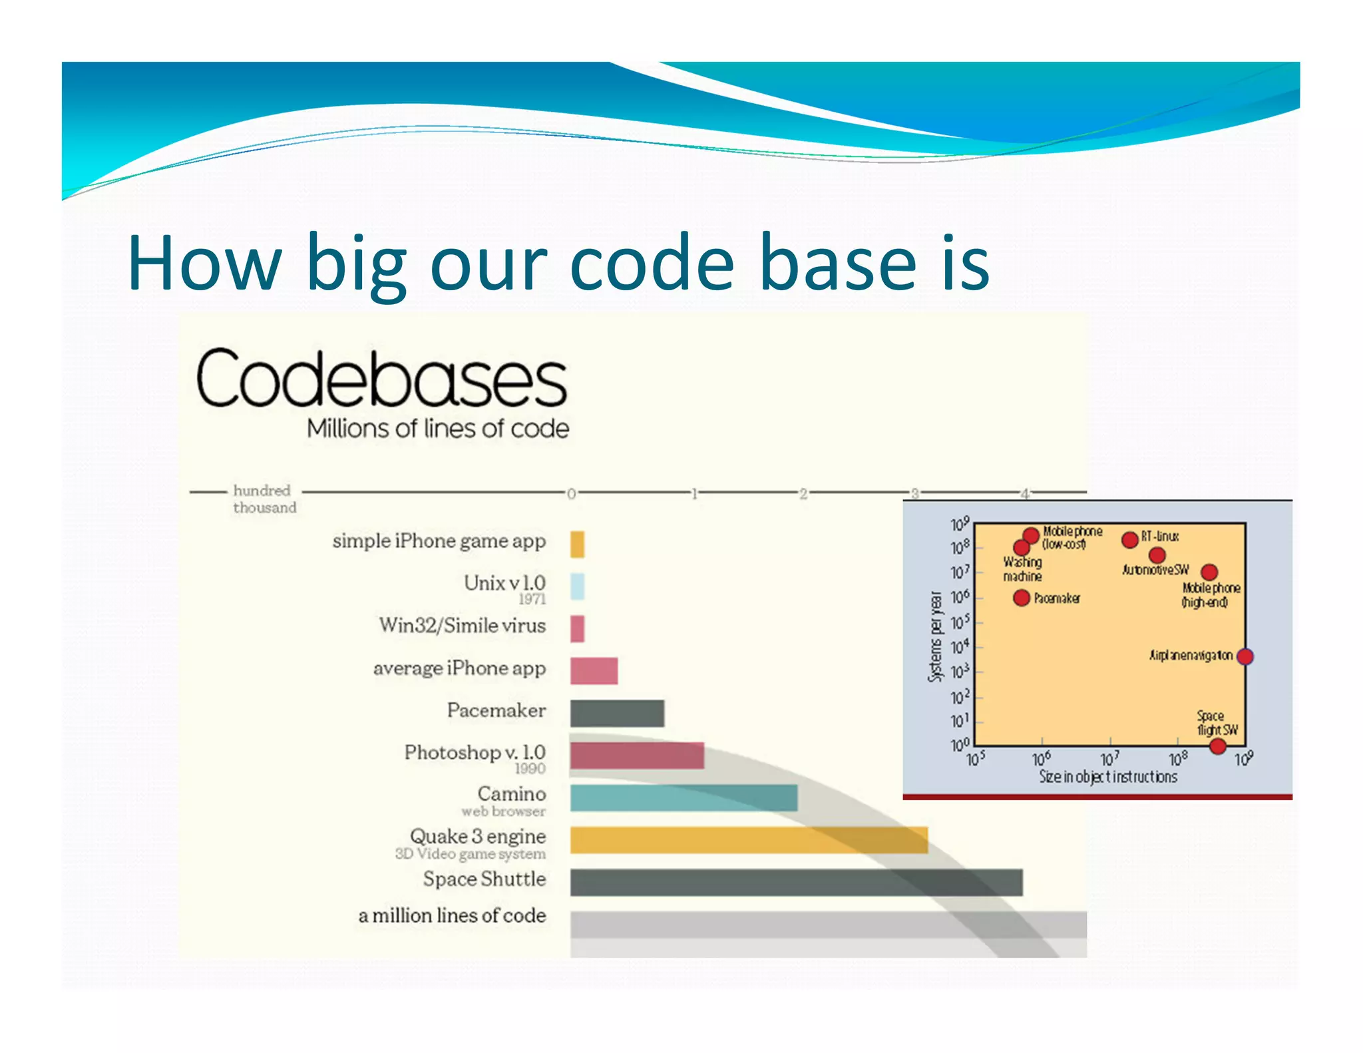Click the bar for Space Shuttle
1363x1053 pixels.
[x=795, y=882]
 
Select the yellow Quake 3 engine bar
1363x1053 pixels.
[x=748, y=840]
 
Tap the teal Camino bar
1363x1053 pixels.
[x=683, y=797]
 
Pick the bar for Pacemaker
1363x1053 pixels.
[x=617, y=713]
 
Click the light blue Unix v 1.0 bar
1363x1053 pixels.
[x=578, y=586]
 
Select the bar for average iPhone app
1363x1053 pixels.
[x=594, y=670]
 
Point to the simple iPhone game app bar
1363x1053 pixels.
[x=577, y=544]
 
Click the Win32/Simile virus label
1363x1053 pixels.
[x=462, y=626]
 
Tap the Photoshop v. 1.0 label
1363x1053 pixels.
[x=475, y=753]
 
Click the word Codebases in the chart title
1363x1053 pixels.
[x=381, y=379]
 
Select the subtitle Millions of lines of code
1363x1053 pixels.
[x=437, y=429]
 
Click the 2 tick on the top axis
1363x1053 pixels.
[x=803, y=494]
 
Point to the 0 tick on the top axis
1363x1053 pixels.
[x=571, y=494]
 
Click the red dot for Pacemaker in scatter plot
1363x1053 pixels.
[x=1022, y=598]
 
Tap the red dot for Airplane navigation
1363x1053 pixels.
[x=1245, y=656]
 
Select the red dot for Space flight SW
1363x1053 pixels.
[x=1217, y=746]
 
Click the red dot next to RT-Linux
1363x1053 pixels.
[x=1129, y=539]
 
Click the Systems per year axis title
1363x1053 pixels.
[x=935, y=636]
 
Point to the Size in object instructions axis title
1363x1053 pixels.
[x=1107, y=777]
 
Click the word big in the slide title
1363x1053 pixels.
[x=356, y=264]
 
